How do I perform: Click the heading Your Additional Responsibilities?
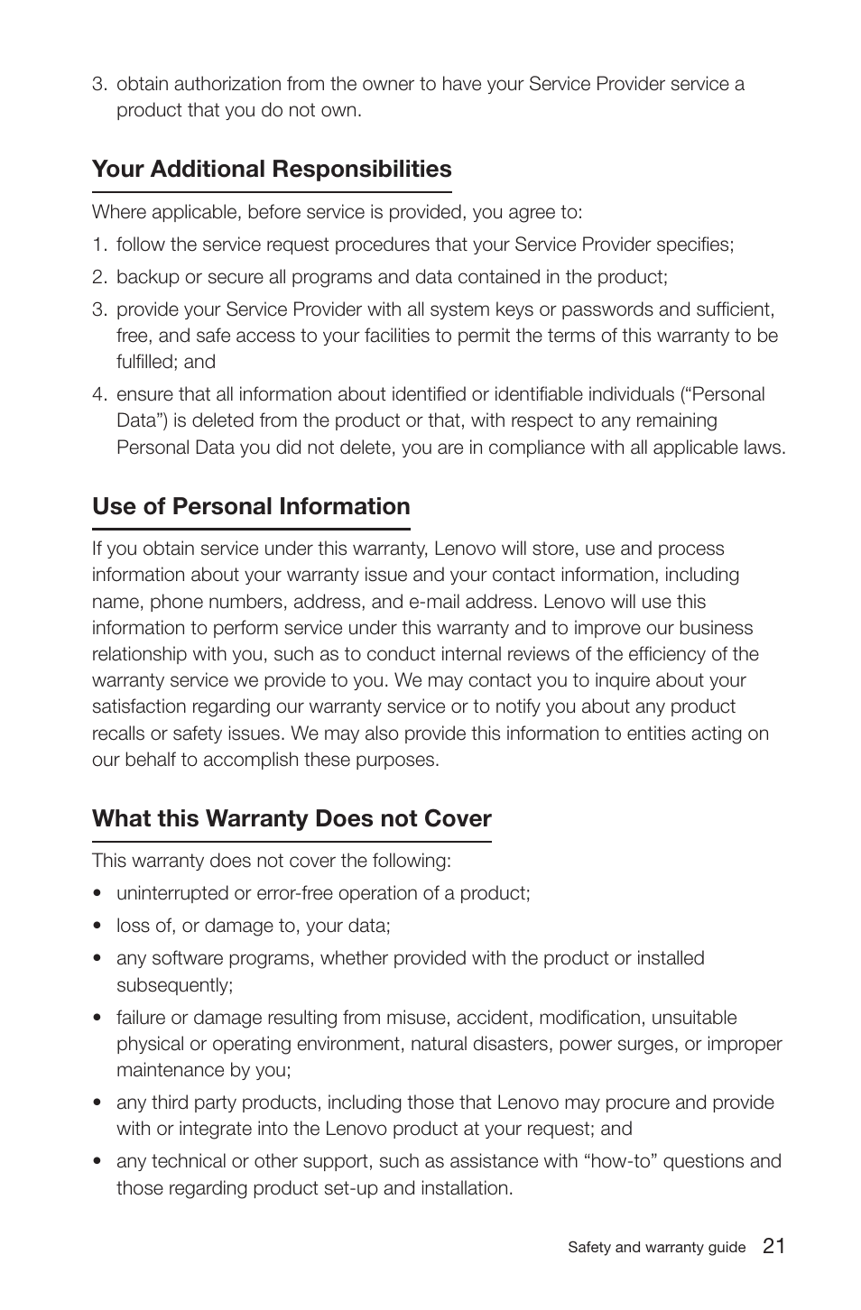(272, 170)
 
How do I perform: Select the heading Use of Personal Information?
(251, 506)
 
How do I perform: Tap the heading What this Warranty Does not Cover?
(292, 818)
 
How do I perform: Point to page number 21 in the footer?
(773, 1246)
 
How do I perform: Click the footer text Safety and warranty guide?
(656, 1248)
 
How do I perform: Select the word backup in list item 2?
(148, 277)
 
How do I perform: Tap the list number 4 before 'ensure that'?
(98, 394)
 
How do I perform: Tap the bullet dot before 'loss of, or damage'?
(97, 927)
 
